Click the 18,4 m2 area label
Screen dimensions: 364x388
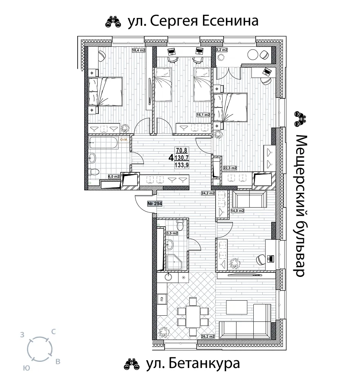pyautogui.click(x=138, y=50)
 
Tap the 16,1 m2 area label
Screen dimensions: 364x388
pyautogui.click(x=203, y=115)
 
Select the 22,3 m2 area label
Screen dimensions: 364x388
pyautogui.click(x=230, y=168)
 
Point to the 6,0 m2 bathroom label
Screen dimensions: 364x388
pyautogui.click(x=114, y=177)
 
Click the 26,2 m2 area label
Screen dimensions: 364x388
pyautogui.click(x=208, y=337)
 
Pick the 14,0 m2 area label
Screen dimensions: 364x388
pyautogui.click(x=237, y=211)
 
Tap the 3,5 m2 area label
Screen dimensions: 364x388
pyautogui.click(x=172, y=233)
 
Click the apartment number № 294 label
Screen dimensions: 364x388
pyautogui.click(x=155, y=204)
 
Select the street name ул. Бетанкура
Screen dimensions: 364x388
pyautogui.click(x=193, y=363)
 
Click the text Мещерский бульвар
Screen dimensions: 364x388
pyautogui.click(x=300, y=206)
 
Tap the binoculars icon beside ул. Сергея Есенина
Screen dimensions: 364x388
pyautogui.click(x=113, y=22)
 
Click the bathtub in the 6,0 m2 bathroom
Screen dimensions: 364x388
pyautogui.click(x=104, y=143)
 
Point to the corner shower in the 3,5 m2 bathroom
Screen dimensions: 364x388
pyautogui.click(x=174, y=263)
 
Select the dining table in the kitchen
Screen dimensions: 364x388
pyautogui.click(x=193, y=317)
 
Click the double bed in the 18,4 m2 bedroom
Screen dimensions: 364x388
pyautogui.click(x=105, y=91)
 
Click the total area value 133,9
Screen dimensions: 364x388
pyautogui.click(x=182, y=165)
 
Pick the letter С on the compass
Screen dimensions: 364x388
pyautogui.click(x=53, y=332)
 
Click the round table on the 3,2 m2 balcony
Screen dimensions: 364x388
pyautogui.click(x=252, y=55)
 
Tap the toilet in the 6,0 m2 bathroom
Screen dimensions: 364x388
pyautogui.click(x=94, y=172)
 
